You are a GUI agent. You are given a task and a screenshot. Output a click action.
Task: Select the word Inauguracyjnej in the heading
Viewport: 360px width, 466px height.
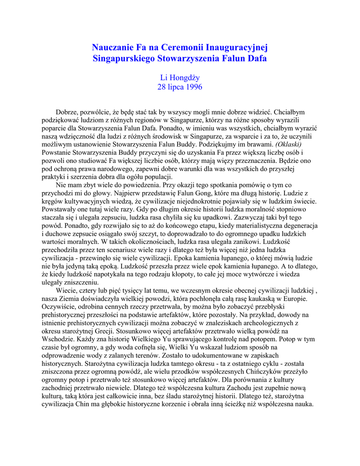[x=236, y=47]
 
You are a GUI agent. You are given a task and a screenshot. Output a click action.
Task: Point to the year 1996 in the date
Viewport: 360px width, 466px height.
[x=193, y=87]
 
